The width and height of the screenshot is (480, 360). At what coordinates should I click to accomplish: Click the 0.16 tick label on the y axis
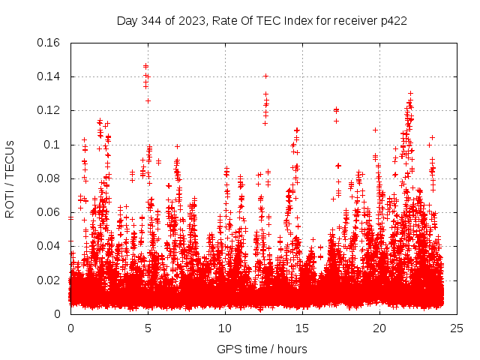pyautogui.click(x=49, y=43)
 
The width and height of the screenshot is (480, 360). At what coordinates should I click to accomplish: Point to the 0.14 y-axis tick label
pyautogui.click(x=49, y=76)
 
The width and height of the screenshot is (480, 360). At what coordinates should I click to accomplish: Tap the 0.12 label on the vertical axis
pyautogui.click(x=49, y=110)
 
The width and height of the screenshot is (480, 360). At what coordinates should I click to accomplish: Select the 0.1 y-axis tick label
pyautogui.click(x=54, y=145)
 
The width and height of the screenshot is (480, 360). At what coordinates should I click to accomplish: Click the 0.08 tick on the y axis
pyautogui.click(x=49, y=178)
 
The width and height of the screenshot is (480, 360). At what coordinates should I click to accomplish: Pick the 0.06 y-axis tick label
pyautogui.click(x=49, y=212)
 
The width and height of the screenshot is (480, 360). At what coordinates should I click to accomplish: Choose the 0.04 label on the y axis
pyautogui.click(x=49, y=246)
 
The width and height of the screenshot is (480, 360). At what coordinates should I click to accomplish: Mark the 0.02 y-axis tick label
pyautogui.click(x=49, y=280)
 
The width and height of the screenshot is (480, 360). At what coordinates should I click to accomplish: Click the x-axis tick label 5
pyautogui.click(x=148, y=328)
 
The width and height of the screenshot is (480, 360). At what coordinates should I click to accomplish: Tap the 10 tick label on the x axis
pyautogui.click(x=225, y=328)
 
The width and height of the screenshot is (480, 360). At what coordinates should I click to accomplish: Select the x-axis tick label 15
pyautogui.click(x=302, y=328)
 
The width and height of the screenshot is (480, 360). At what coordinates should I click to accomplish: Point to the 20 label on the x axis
pyautogui.click(x=379, y=328)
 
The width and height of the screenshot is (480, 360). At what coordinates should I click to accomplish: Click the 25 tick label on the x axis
pyautogui.click(x=457, y=328)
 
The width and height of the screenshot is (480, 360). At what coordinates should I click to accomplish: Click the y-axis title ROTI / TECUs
pyautogui.click(x=10, y=178)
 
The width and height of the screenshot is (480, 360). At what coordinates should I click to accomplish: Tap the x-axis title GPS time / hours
pyautogui.click(x=262, y=349)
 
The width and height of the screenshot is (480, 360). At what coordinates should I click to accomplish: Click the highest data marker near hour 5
pyautogui.click(x=145, y=65)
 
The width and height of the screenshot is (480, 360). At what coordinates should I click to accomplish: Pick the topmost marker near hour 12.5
pyautogui.click(x=265, y=76)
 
